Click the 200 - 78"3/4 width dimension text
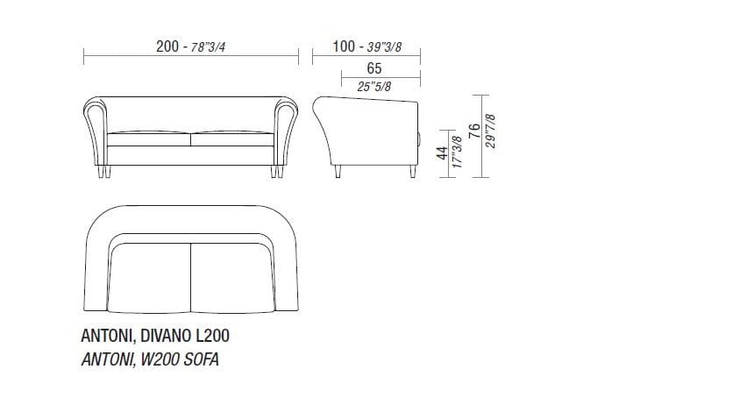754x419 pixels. click(x=191, y=46)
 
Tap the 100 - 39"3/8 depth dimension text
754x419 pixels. click(x=366, y=46)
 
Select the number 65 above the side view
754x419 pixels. click(x=373, y=67)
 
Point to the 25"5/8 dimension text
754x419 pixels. click(x=374, y=86)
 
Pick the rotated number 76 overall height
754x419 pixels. click(x=475, y=133)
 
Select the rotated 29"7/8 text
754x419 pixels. click(x=490, y=133)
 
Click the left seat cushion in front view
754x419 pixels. click(x=149, y=139)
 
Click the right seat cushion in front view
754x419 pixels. click(x=232, y=139)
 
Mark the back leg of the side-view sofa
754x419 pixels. click(x=338, y=171)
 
